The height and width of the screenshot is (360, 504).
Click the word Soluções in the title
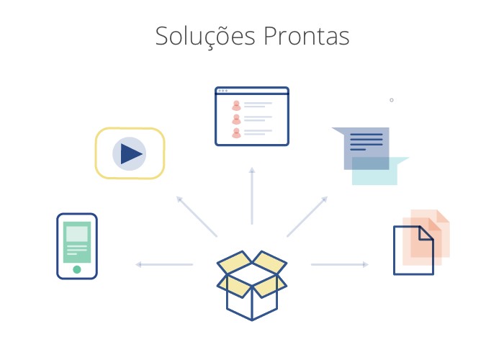tap(205, 36)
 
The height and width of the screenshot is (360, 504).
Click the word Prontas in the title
tap(306, 36)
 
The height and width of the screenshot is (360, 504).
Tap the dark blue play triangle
tap(131, 153)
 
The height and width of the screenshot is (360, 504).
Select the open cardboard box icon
tap(252, 285)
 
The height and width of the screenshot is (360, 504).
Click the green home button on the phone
tap(77, 269)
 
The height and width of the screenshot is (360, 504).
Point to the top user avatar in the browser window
tap(236, 105)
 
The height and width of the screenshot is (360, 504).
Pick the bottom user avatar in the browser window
tap(236, 132)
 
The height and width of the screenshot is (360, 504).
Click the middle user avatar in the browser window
tap(236, 120)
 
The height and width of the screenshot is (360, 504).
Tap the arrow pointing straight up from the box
tap(252, 196)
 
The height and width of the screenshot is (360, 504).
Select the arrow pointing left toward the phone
tap(164, 264)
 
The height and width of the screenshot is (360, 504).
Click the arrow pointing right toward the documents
tap(339, 264)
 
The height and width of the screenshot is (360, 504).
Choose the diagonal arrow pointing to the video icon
tap(197, 217)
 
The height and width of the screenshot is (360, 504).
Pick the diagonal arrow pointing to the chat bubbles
tap(307, 217)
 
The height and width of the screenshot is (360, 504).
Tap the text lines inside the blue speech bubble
tap(366, 142)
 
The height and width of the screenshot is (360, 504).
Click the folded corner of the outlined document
tap(426, 233)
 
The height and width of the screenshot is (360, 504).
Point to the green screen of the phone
tap(77, 242)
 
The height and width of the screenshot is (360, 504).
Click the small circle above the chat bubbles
tap(392, 100)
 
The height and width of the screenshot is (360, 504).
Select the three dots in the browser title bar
tap(222, 91)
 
